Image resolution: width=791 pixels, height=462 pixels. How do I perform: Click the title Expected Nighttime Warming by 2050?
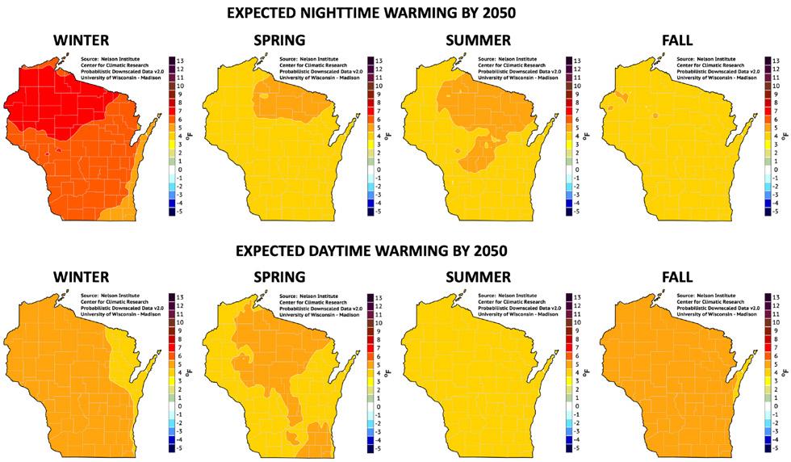[395, 14]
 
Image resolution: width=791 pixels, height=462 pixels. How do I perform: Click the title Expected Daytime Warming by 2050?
[395, 250]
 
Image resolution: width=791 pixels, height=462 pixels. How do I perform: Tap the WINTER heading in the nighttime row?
[81, 40]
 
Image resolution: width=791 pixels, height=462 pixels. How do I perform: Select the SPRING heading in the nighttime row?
[278, 40]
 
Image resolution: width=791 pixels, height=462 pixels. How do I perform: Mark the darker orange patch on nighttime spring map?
[282, 97]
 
